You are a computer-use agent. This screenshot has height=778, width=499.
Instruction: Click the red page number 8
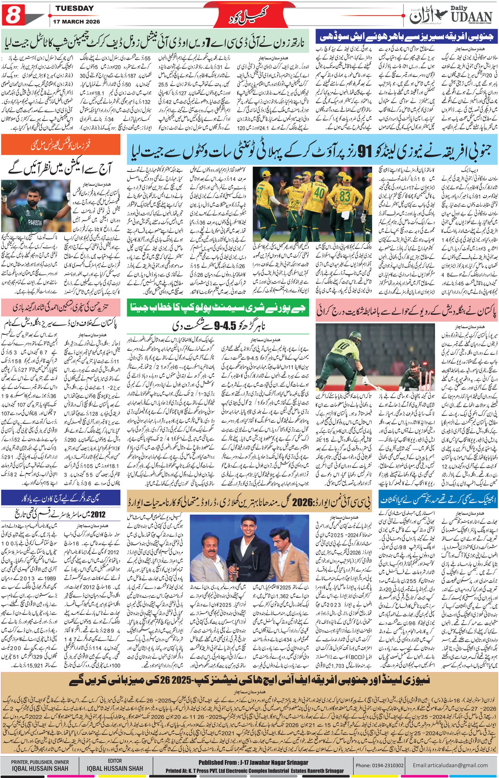coord(12,15)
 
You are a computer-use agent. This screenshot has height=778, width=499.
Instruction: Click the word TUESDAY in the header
coord(74,8)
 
